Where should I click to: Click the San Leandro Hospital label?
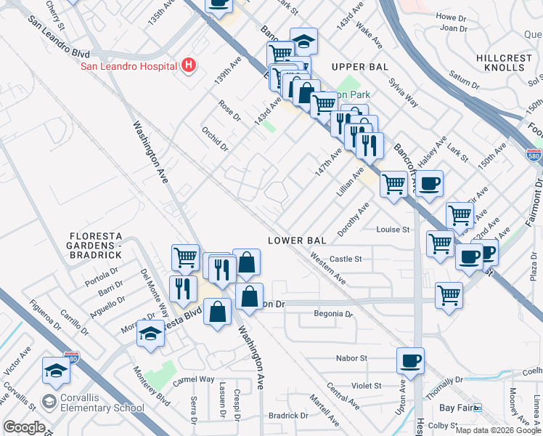pos(128,66)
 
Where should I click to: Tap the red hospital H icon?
pos(189,65)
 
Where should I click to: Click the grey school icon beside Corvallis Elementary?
pos(49,402)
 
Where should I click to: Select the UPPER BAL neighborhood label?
pos(356,67)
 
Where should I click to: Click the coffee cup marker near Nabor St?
pos(410,360)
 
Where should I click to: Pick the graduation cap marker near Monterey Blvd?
pos(150,333)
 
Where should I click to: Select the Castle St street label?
pos(346,259)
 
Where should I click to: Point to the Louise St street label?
pos(393,230)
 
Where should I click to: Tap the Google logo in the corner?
pos(24,427)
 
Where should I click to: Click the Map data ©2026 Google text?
pos(498,430)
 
